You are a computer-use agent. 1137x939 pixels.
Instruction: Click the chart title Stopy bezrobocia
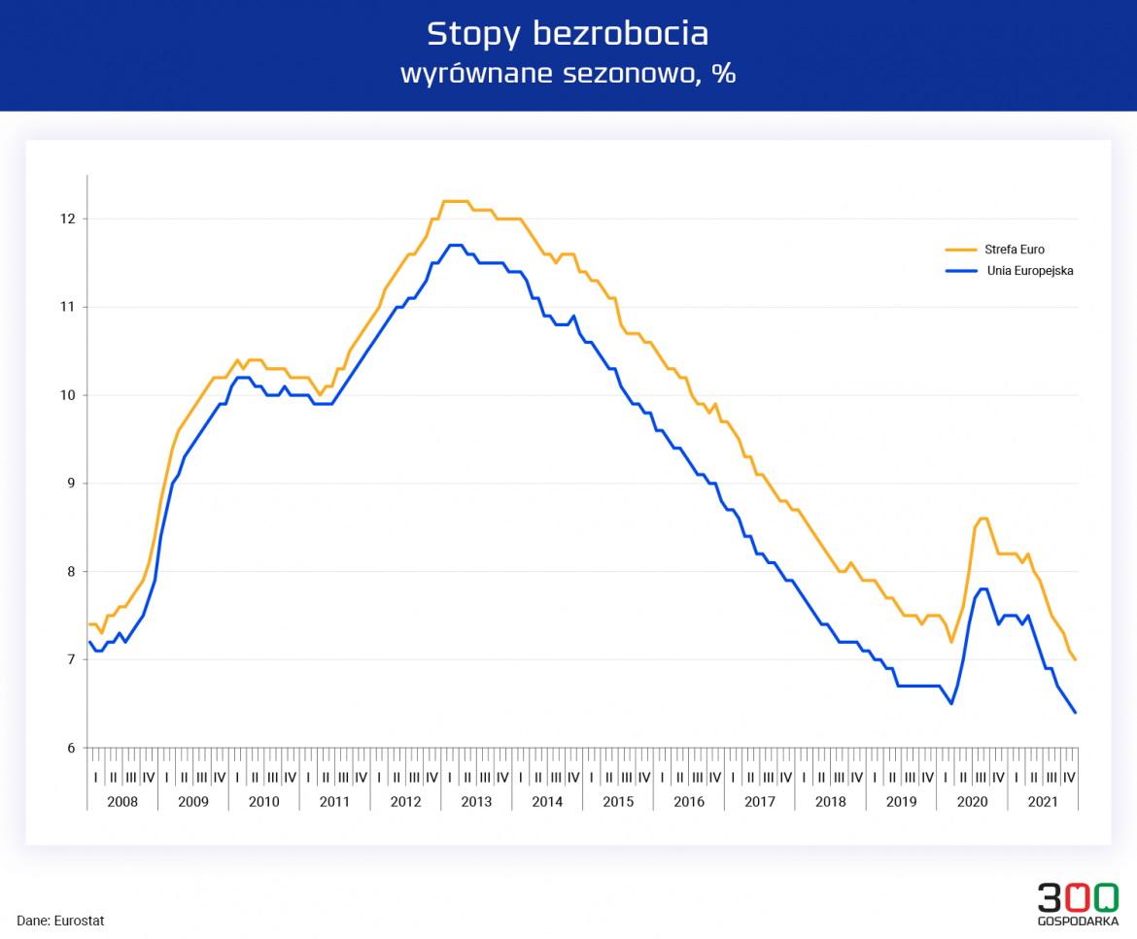point(568,34)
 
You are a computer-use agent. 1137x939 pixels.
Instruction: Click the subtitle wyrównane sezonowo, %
point(568,75)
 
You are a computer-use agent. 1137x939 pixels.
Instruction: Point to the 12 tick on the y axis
point(67,218)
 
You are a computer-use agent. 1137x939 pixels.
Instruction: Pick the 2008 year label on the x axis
point(122,802)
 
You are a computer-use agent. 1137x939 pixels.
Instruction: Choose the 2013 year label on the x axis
point(476,802)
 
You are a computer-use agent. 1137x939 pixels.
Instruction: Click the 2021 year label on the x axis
point(1043,802)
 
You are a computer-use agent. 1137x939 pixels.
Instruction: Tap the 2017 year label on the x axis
point(760,802)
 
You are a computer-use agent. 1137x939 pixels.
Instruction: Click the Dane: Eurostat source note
point(60,921)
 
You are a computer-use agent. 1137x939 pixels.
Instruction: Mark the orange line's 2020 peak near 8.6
point(983,519)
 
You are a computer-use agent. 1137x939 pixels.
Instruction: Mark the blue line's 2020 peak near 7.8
point(983,588)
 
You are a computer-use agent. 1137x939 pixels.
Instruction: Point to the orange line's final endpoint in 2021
point(1075,659)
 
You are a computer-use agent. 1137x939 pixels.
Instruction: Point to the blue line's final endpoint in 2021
point(1075,713)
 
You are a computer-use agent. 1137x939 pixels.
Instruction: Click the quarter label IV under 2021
point(1069,777)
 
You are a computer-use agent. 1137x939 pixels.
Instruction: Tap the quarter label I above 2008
point(96,777)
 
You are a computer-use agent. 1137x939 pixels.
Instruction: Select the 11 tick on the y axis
point(67,307)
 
